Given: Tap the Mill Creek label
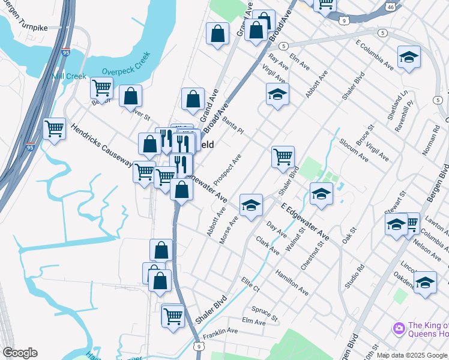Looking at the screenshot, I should point(69,77).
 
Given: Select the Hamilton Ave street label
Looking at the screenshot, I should point(292,282).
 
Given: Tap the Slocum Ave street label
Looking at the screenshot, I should point(354,151).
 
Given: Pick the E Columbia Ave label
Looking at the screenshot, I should point(374,56).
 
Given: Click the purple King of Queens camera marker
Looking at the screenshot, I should point(398,328).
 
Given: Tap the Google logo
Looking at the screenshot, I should point(19,353).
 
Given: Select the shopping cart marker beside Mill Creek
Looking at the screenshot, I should point(101,88).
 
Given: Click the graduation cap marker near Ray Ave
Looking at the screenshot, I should point(277,94).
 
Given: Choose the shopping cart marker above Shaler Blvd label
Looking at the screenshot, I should point(283,157).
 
